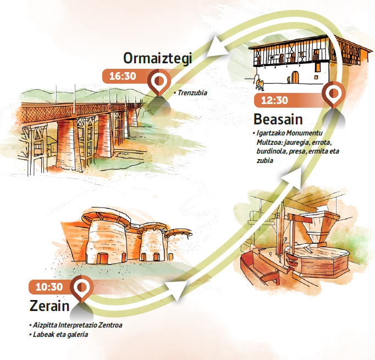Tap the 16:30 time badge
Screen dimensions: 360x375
(x=123, y=77)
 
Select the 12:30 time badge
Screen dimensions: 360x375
(x=274, y=100)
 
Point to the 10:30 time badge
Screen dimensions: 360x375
(x=49, y=287)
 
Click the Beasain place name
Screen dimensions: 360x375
(x=278, y=119)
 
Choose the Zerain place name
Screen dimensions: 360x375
(x=49, y=306)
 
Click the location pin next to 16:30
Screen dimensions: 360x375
(x=158, y=81)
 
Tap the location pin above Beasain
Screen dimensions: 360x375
(x=333, y=95)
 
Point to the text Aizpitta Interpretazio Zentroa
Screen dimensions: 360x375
(x=77, y=325)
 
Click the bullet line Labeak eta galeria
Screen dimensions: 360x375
(x=61, y=335)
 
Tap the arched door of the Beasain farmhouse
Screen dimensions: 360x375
(x=295, y=77)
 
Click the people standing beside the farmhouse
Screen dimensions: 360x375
(x=258, y=84)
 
